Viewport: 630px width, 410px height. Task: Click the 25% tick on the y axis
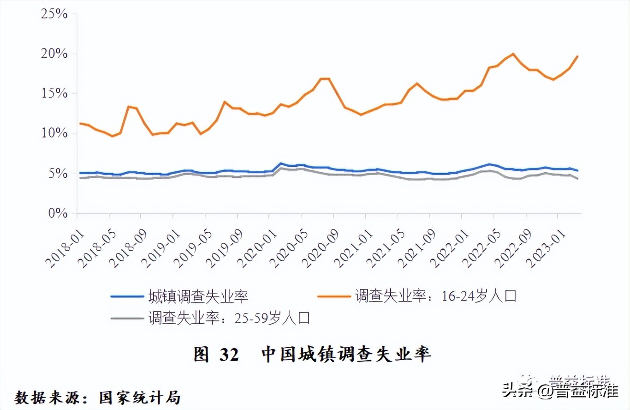point(55,14)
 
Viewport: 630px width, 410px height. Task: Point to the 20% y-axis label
point(55,54)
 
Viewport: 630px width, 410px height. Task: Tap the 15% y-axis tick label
point(55,94)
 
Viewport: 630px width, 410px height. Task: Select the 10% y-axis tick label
point(55,133)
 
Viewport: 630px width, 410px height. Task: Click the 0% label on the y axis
point(58,213)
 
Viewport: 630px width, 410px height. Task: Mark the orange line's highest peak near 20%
point(513,54)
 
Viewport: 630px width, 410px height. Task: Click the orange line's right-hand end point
point(577,56)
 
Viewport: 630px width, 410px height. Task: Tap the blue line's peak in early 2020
point(280,163)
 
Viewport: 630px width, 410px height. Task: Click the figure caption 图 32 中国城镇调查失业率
point(312,355)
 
